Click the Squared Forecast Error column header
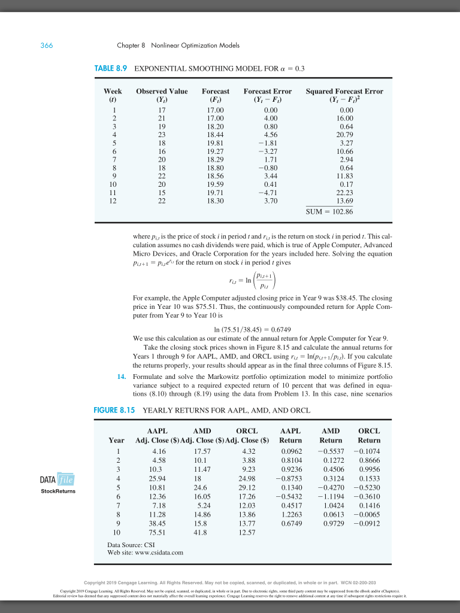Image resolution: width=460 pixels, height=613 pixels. point(344,95)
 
